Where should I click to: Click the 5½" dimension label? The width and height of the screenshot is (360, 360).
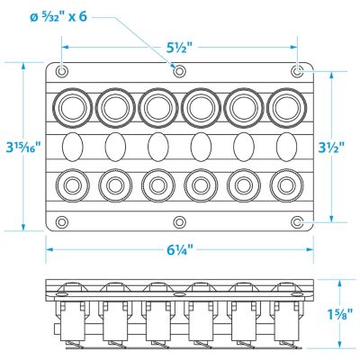pos(179,47)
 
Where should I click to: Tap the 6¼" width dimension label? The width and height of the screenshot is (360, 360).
pos(179,249)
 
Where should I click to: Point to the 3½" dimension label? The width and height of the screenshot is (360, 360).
pos(331,147)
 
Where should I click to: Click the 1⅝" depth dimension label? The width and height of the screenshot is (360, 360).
pos(338,316)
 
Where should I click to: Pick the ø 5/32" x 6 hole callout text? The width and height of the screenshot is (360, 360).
pos(58,16)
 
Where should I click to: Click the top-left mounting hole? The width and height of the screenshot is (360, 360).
pos(62,71)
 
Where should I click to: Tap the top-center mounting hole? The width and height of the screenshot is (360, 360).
pos(179,71)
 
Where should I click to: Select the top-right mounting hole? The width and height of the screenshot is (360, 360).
pos(297,71)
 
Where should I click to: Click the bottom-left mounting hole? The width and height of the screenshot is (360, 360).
pos(62,222)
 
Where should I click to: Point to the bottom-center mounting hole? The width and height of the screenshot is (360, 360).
pos(179,222)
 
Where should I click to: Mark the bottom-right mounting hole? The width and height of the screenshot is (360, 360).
pos(297,222)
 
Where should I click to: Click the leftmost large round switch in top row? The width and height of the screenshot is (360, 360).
pos(72,108)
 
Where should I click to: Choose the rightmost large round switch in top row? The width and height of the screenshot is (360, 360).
pos(287,108)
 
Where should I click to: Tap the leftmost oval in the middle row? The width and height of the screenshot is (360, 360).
pos(72,147)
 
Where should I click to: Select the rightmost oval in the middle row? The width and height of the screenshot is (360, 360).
pos(287,147)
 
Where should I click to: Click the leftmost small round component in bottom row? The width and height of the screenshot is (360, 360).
pos(72,185)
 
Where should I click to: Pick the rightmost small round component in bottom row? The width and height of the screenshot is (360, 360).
pos(287,185)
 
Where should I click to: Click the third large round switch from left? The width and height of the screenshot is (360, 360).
pos(158,108)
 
